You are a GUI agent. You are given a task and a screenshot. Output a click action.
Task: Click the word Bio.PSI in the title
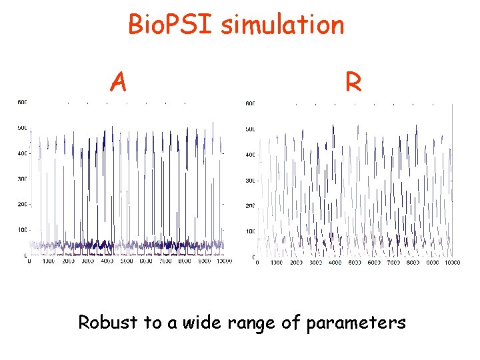coord(171,25)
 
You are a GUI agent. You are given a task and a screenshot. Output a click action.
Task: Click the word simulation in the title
coord(283,25)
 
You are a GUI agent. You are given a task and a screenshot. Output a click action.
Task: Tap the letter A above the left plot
coord(119,83)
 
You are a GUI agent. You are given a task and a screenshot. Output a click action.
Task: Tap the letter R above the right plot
coord(353,83)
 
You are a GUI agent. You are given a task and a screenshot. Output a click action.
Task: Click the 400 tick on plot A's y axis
coord(22,153)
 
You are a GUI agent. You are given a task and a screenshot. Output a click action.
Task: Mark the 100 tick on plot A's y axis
coord(22,230)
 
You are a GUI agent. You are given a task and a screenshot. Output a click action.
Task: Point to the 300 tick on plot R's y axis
coord(250,181)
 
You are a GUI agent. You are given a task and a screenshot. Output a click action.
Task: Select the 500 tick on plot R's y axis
coord(250,129)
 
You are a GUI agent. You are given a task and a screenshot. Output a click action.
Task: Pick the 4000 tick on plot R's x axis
coord(335,263)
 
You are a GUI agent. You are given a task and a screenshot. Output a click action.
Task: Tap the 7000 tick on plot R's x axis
coord(393,263)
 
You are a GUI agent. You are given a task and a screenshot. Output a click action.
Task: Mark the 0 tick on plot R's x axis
coord(258,263)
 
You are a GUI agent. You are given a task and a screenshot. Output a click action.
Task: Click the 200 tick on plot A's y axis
coord(22,205)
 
